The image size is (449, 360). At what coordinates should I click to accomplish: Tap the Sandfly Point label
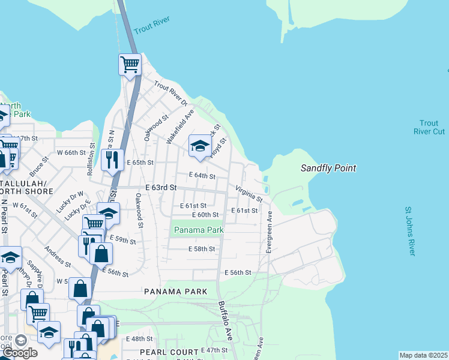click(328, 169)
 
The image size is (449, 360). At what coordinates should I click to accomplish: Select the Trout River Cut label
click(429, 127)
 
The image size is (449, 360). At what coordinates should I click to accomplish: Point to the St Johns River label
click(409, 232)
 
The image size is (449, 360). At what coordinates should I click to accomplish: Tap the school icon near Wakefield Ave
click(200, 146)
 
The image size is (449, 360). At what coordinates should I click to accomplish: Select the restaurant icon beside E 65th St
click(112, 160)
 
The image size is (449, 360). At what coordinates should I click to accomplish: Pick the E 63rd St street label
click(161, 188)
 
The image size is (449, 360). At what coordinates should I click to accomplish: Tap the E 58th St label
click(202, 249)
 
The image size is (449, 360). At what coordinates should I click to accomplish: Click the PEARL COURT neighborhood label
click(169, 352)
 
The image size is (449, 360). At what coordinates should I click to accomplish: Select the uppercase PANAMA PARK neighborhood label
click(175, 292)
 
